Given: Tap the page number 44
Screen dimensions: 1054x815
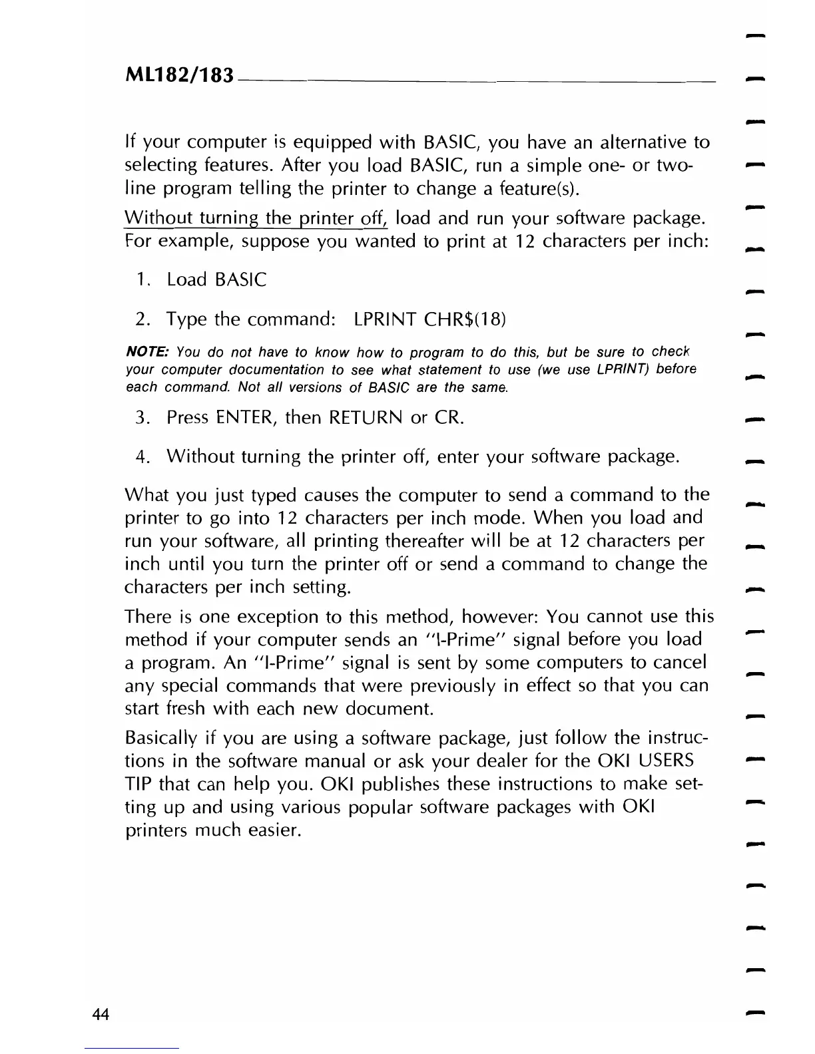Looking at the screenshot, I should (101, 1014).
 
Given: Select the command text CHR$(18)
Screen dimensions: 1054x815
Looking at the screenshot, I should (465, 319).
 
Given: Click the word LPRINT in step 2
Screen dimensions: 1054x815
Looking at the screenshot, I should (385, 319).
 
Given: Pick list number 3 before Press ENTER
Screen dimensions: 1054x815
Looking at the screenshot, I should (141, 418).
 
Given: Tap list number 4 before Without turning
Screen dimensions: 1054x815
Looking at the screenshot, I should (141, 456).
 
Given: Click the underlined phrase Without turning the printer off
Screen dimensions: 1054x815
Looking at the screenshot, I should (256, 218).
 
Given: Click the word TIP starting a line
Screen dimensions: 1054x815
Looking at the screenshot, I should (138, 784).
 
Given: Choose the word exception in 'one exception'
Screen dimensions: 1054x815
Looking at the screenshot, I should (246, 617).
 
